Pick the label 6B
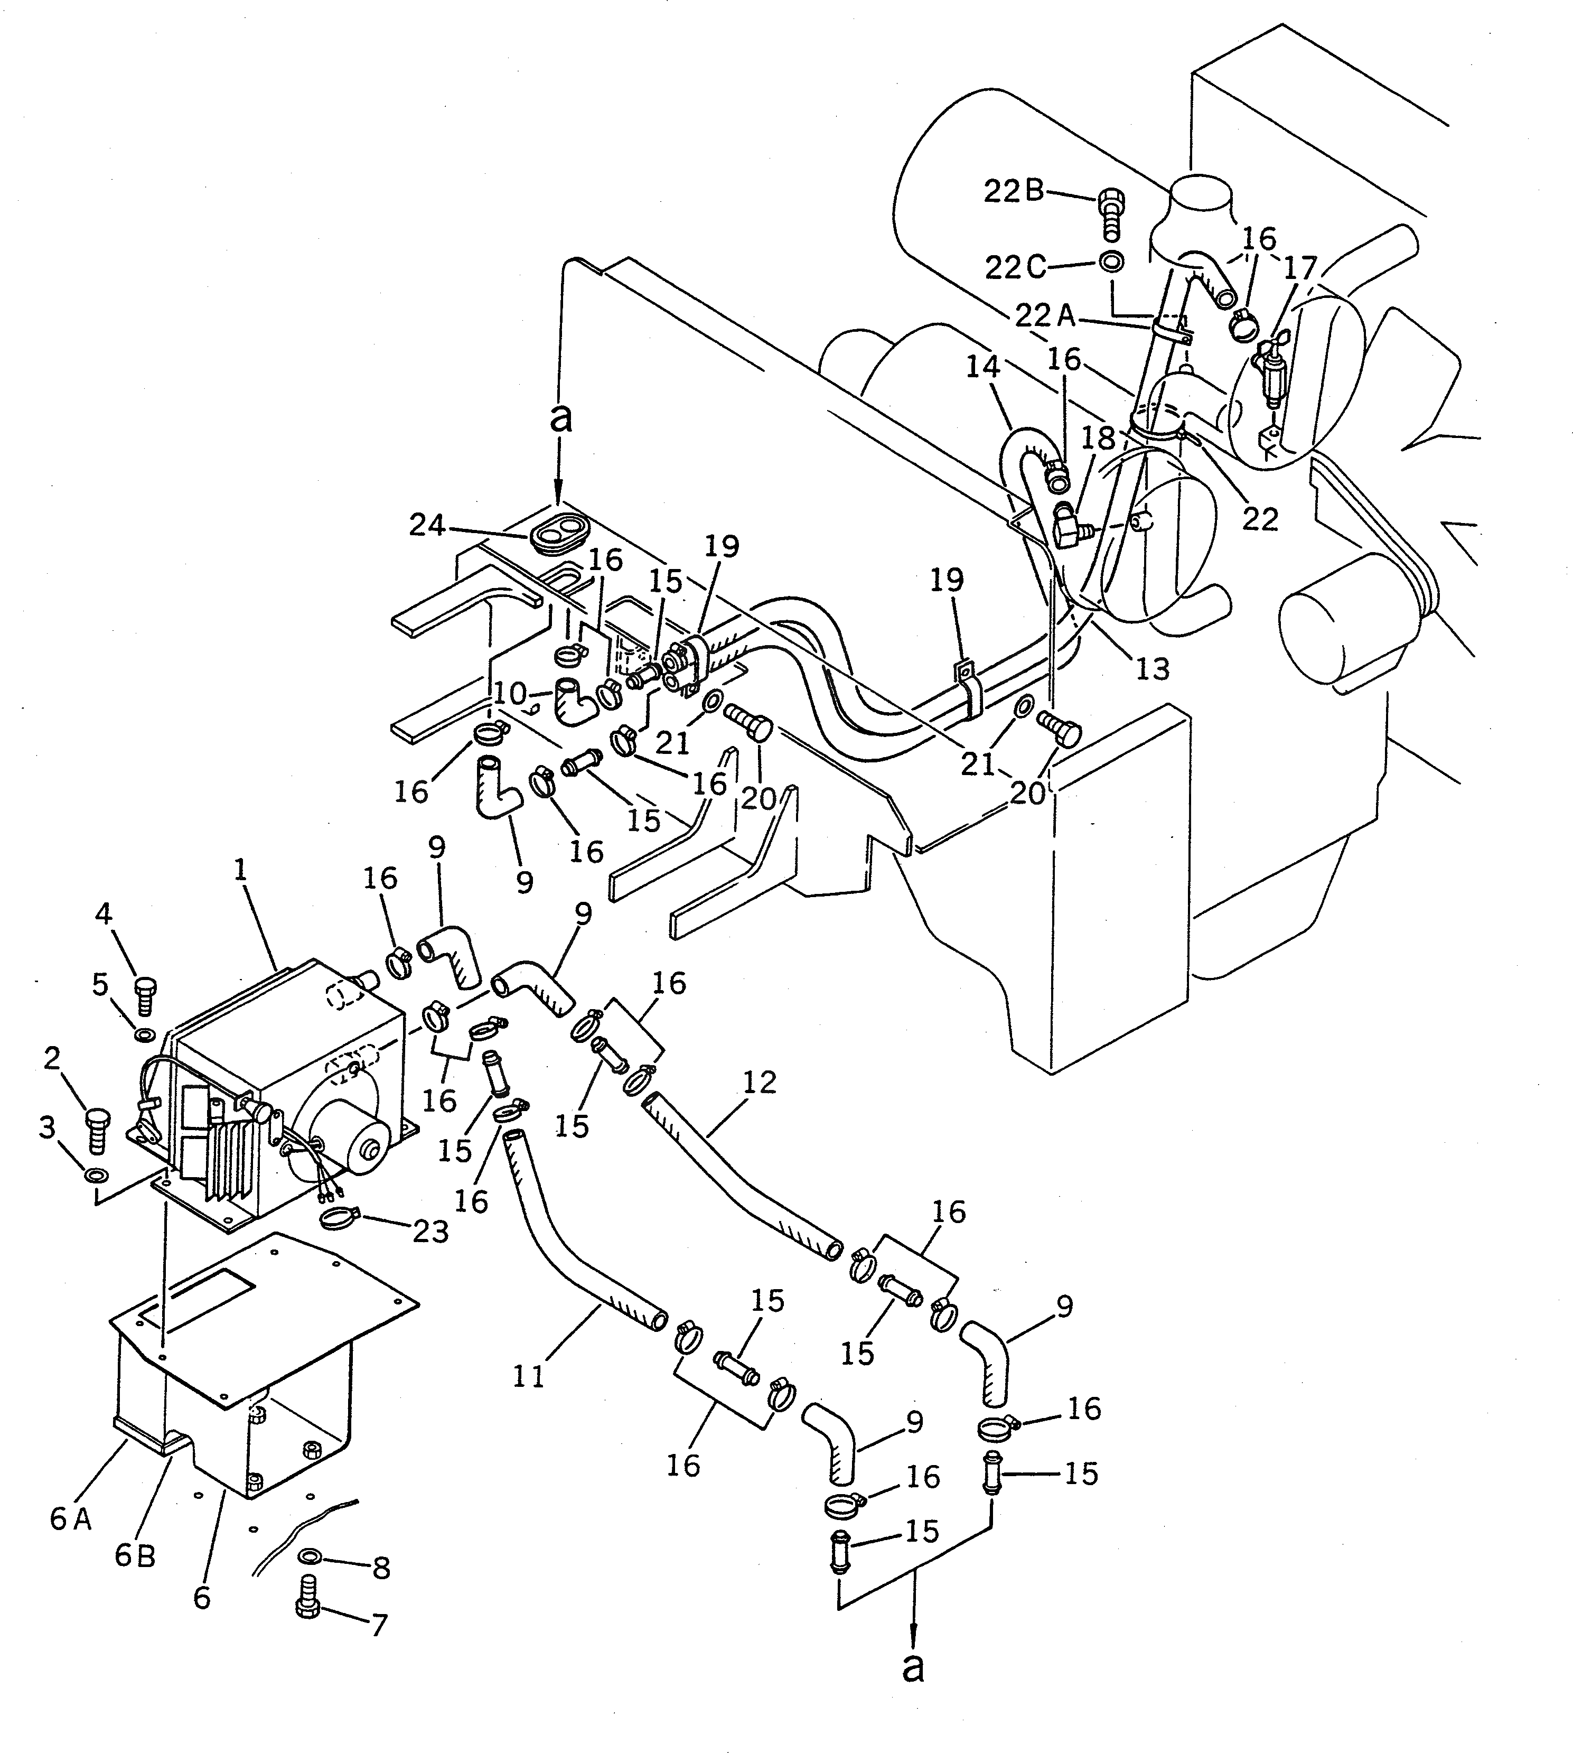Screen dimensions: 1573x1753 click(x=135, y=1556)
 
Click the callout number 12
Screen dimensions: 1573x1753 click(x=760, y=1082)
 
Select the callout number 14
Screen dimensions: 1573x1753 click(x=982, y=367)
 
